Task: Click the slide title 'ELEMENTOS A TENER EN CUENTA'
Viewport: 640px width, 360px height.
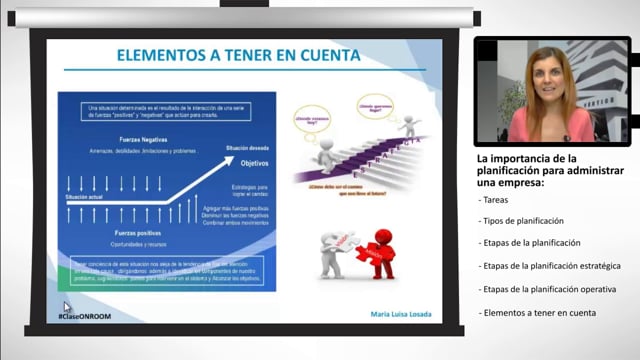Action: pos(238,55)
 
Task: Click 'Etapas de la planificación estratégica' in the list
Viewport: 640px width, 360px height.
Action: pos(551,266)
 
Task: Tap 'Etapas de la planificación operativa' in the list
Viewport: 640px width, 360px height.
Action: pos(546,289)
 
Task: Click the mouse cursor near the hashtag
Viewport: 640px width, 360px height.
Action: pos(67,307)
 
